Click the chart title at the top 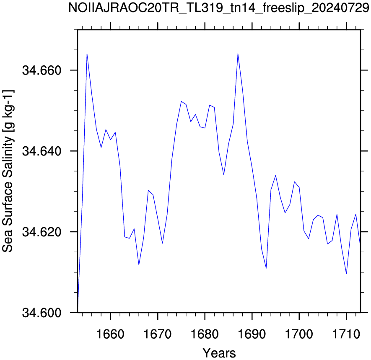[x=219, y=8]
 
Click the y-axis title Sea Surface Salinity [x=8, y=171]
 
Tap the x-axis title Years [x=219, y=353]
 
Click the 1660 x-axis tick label [x=111, y=334]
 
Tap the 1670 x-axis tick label [x=158, y=334]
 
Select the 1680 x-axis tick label [x=205, y=334]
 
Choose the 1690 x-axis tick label [x=252, y=334]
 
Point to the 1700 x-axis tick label [x=299, y=334]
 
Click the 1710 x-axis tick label [x=346, y=334]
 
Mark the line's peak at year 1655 [x=87, y=54]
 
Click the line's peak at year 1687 [x=238, y=54]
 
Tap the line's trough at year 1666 [x=139, y=265]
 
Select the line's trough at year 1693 [x=266, y=268]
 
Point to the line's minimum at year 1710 [x=346, y=274]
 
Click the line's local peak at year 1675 [x=181, y=101]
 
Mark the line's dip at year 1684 [x=223, y=175]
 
